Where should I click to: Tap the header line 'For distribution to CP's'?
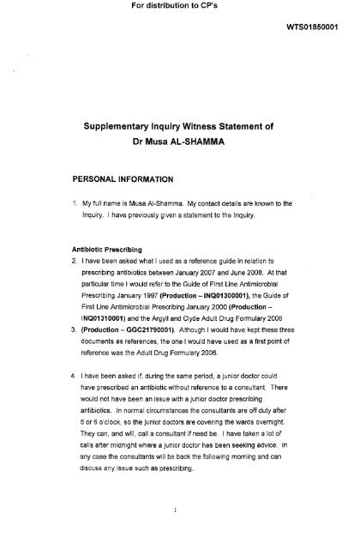tap(180, 8)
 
